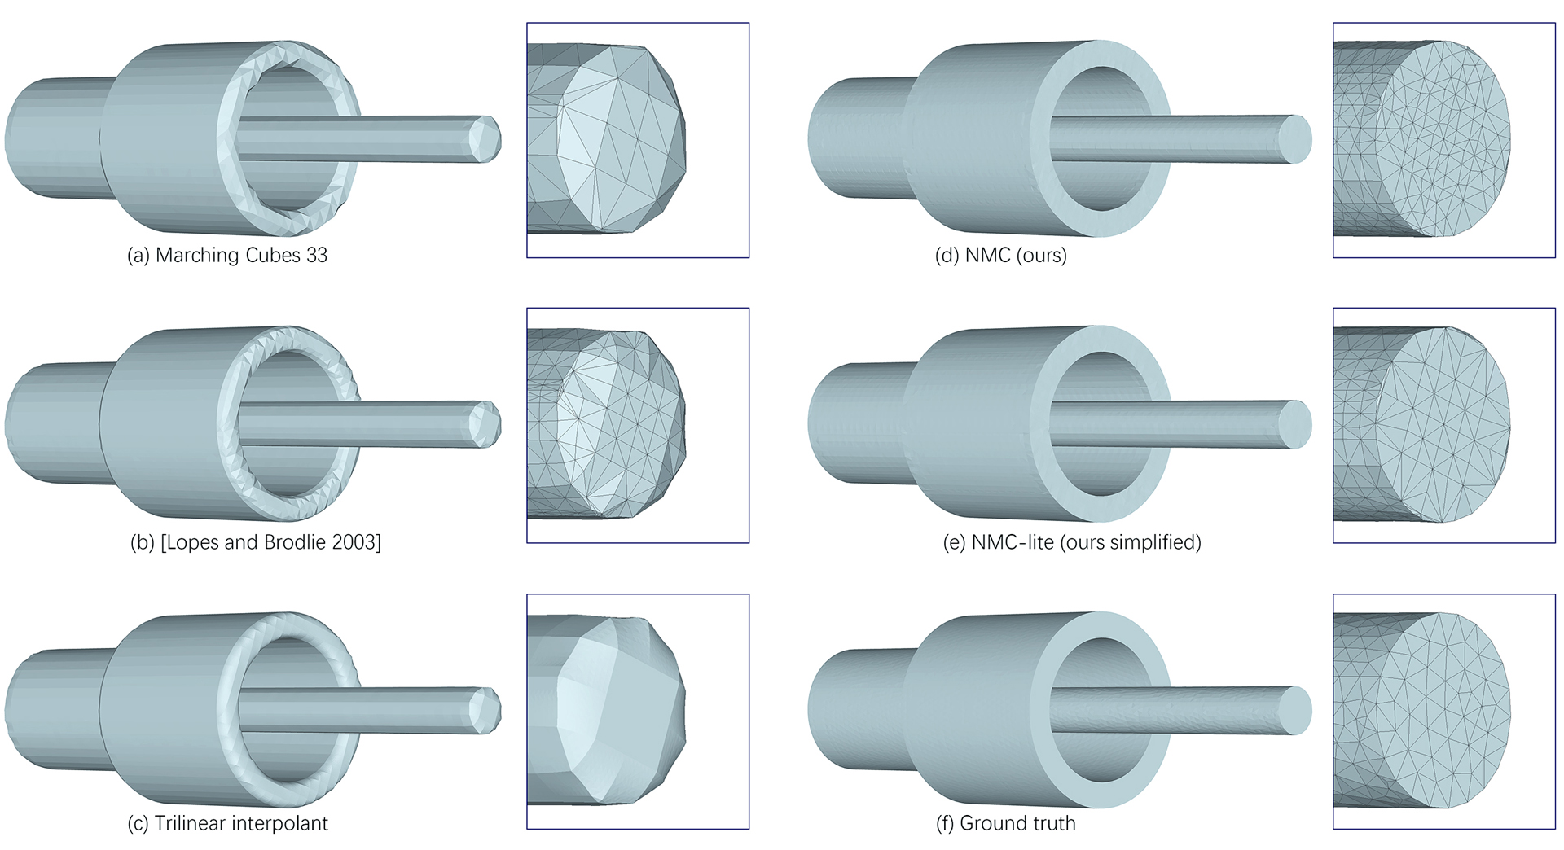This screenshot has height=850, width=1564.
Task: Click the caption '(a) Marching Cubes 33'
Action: [227, 255]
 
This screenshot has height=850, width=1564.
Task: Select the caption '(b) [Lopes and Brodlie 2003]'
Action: [256, 542]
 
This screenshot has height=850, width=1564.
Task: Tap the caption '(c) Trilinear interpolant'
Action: [227, 823]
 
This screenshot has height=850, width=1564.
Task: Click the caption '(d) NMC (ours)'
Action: [1000, 255]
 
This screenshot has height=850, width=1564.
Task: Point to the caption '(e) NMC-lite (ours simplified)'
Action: [1072, 542]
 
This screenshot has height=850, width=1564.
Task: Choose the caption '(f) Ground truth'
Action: [1005, 823]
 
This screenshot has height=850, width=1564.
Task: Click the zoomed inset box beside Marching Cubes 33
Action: [638, 140]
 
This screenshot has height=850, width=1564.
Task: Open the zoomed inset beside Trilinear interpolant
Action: [638, 712]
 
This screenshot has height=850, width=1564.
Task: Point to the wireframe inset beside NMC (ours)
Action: [1443, 140]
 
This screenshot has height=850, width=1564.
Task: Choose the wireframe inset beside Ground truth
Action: [1443, 712]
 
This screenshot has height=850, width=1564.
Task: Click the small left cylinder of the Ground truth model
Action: [855, 710]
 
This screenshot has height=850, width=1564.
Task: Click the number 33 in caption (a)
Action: [317, 255]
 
